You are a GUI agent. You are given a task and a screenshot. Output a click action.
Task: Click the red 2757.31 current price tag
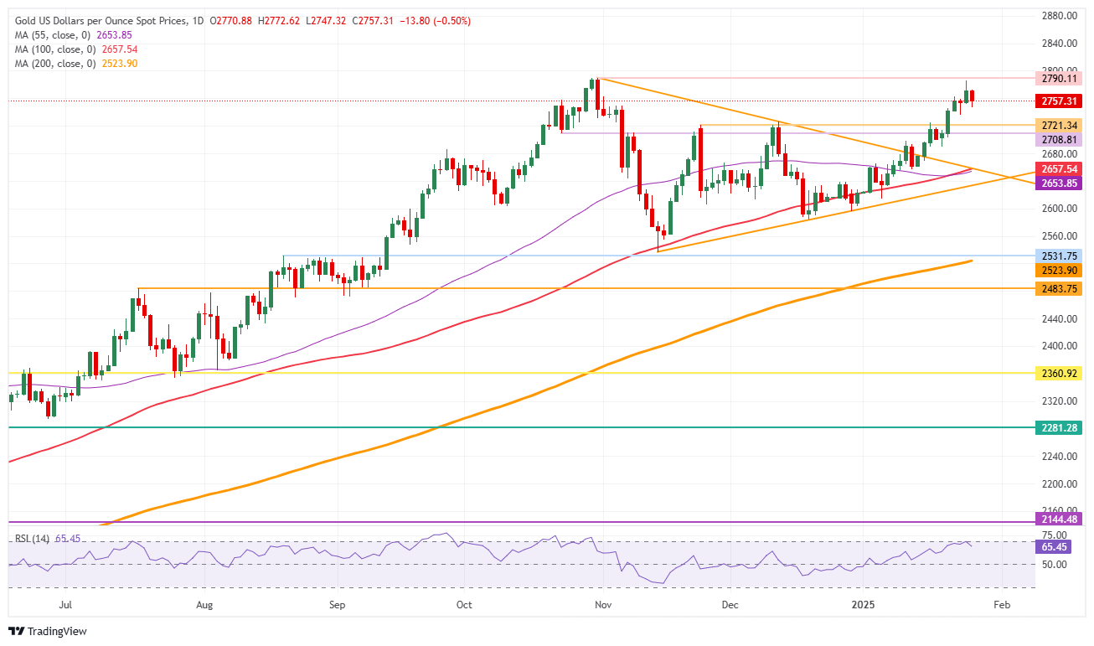1059,101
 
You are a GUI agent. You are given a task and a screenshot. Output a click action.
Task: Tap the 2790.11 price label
1059,78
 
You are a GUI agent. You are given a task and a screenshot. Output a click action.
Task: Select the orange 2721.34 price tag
1059,124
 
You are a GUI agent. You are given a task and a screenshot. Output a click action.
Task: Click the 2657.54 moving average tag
1059,169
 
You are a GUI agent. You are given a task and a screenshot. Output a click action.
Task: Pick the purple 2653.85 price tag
1059,183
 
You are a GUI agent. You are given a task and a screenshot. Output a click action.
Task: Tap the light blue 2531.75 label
1059,256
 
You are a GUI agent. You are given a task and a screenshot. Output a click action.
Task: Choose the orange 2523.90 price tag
1059,270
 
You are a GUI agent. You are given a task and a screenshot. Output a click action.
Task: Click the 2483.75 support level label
1059,288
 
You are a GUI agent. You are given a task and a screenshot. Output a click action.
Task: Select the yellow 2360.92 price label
1059,372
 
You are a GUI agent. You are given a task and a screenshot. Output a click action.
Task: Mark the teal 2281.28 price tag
1059,427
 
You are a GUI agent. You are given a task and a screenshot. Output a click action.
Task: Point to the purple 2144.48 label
1059,519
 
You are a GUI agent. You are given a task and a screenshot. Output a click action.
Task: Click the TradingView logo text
48,631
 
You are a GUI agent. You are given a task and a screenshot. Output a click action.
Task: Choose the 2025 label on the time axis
862,603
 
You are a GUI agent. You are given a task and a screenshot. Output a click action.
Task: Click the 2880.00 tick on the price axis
1059,16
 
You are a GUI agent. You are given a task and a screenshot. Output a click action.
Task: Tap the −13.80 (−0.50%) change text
436,21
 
